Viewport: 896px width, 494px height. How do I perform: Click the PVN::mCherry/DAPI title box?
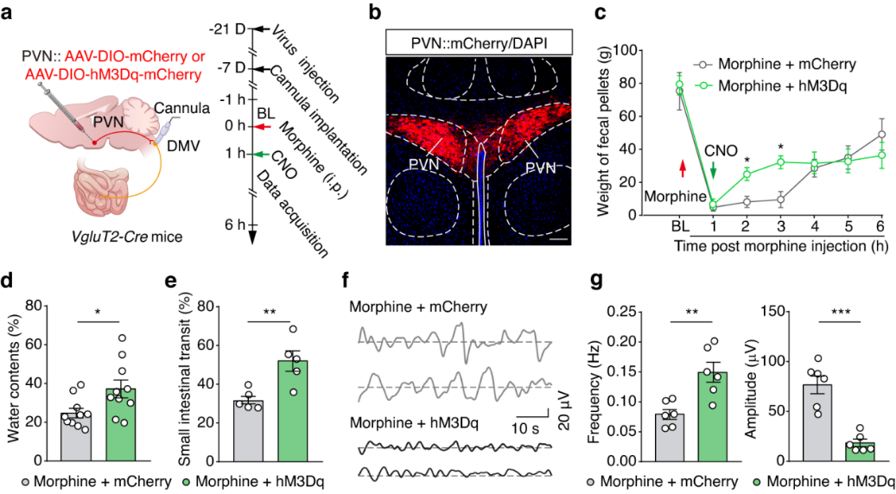click(467, 42)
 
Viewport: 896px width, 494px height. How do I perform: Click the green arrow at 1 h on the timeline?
click(264, 155)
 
